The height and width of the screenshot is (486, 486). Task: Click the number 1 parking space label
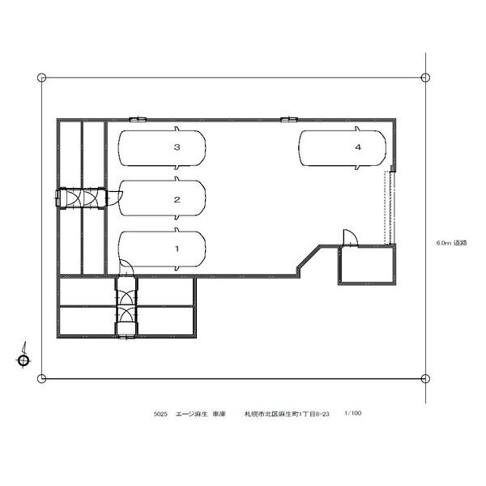(177, 249)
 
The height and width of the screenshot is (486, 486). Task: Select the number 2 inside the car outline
(177, 200)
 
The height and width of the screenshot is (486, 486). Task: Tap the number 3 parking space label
(177, 147)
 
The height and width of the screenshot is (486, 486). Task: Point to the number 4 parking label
(358, 147)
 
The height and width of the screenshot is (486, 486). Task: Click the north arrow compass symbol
(23, 356)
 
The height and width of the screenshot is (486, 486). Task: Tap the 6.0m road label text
(452, 243)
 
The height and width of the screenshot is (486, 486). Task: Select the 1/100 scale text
(352, 413)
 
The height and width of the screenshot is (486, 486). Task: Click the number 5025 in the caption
(160, 414)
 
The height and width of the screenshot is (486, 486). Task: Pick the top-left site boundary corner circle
(41, 78)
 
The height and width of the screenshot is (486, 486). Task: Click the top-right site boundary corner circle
(425, 77)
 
